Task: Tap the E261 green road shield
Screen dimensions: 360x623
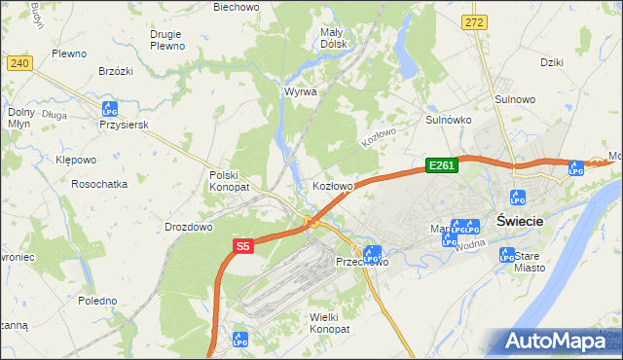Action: [441, 166]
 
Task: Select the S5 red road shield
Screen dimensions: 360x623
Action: [242, 247]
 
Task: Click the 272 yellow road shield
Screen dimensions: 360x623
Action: [474, 21]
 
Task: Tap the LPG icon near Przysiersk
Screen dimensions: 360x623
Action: [110, 108]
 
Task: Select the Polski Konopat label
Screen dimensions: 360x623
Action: [230, 181]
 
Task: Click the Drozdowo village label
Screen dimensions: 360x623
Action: [189, 227]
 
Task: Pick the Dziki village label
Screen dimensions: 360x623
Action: [552, 62]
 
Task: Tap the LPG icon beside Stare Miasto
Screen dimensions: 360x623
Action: [506, 255]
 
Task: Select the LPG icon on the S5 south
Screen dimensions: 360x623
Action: [240, 340]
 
